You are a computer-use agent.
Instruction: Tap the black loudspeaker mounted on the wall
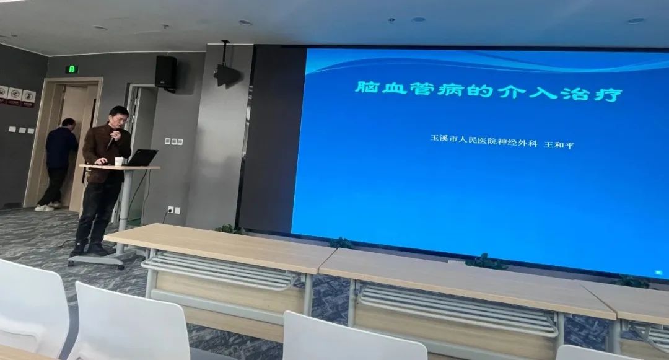click(166, 72)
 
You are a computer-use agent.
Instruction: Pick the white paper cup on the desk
click(119, 161)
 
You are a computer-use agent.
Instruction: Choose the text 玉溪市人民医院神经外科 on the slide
click(483, 140)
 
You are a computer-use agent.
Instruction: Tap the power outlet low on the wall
click(173, 209)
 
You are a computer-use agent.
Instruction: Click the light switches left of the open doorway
click(21, 130)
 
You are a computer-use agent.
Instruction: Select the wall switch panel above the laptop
click(173, 142)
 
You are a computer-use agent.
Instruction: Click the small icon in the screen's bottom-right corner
click(658, 272)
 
